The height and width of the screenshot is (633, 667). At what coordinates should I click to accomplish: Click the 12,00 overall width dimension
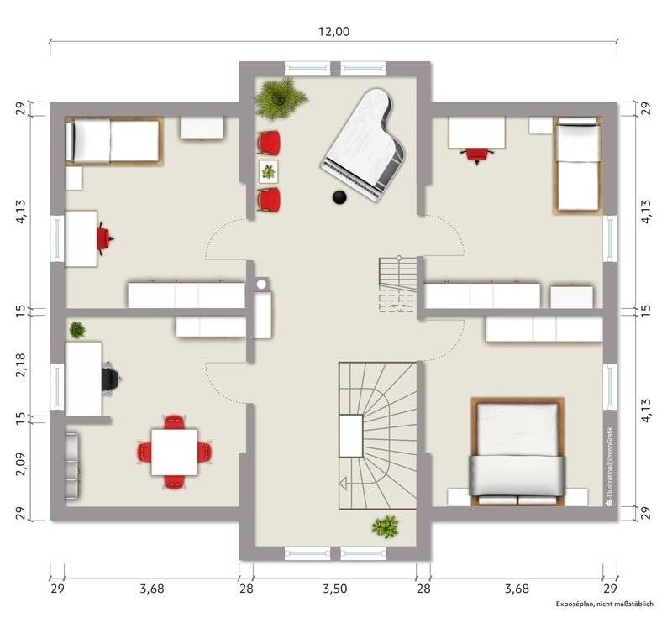coord(334,31)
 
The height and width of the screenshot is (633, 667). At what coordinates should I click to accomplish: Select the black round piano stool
coord(339,197)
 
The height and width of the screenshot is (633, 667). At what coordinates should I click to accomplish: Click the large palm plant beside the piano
coord(280,98)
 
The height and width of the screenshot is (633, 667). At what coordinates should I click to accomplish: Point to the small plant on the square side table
coord(269,172)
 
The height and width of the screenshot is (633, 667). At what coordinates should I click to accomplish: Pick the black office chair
coord(111,379)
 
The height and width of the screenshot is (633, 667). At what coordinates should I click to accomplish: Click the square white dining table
coord(175,452)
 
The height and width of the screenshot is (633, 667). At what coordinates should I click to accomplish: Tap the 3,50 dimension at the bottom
coord(335,589)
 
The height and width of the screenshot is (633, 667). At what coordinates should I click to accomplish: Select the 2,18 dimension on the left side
coord(21,364)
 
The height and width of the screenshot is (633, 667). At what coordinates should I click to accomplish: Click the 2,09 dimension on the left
coord(21,463)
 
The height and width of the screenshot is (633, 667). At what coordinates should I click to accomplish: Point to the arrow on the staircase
coord(343,483)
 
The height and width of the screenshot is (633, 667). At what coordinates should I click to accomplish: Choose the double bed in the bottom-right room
coord(517,452)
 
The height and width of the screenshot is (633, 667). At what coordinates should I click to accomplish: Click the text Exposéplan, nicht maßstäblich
coord(605,604)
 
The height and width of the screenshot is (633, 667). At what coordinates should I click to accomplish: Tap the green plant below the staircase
coord(386,526)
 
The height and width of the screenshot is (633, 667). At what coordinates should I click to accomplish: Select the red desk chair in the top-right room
coord(477,155)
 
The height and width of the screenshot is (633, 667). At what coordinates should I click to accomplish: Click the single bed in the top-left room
coord(114,141)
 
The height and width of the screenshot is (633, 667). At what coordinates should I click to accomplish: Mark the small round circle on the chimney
coord(261,284)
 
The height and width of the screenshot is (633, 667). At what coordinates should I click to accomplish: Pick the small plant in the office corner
coord(77,330)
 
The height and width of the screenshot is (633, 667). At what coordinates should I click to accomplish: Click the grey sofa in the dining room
coord(72,467)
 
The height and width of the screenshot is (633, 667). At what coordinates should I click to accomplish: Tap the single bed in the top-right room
coord(578,165)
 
